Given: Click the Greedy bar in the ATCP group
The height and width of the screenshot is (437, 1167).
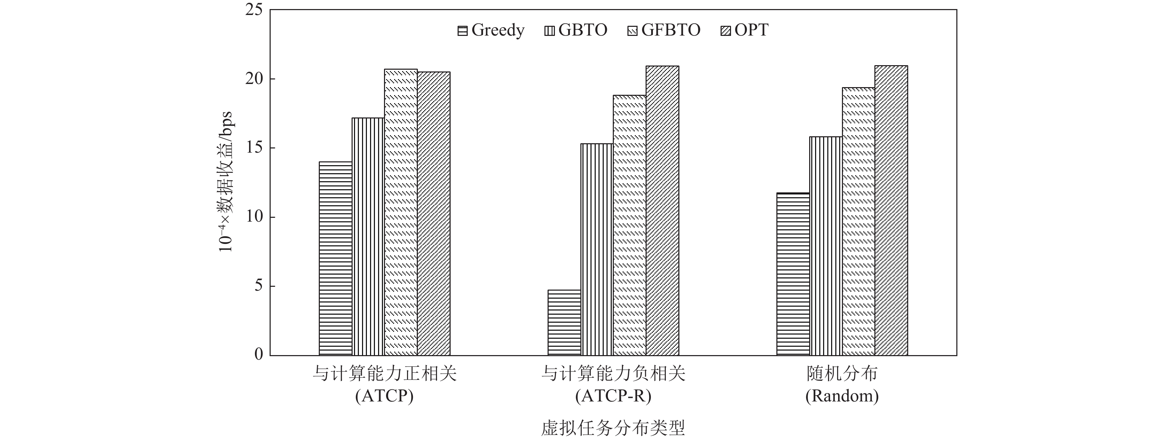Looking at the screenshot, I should [x=335, y=258].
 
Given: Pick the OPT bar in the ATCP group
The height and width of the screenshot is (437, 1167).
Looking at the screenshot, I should [x=434, y=213].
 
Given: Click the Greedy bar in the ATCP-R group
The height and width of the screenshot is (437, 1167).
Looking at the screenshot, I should [x=564, y=322].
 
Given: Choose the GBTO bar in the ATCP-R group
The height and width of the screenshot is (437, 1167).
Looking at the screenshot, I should [x=597, y=250].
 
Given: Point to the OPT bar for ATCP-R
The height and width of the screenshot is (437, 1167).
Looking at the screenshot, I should [x=662, y=210].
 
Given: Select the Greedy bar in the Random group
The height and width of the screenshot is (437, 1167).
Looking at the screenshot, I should [x=793, y=274].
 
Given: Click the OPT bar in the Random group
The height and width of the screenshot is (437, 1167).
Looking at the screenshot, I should [x=891, y=210].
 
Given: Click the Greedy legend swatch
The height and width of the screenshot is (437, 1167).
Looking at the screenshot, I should [x=462, y=31].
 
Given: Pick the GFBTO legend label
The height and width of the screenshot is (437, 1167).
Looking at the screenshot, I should [x=670, y=30].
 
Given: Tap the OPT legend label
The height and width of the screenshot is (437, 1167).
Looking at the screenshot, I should [x=752, y=30].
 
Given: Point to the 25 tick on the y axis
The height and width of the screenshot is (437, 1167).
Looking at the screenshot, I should [x=254, y=10].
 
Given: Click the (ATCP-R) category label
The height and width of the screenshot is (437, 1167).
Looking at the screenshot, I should [x=613, y=397].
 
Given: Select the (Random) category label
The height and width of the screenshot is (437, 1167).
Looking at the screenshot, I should [x=842, y=397].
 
